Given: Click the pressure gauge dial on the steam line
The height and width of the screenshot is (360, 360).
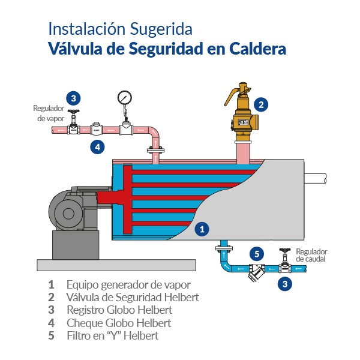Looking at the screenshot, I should coord(125,97).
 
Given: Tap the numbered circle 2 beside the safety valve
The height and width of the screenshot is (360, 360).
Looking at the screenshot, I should coord(260,104).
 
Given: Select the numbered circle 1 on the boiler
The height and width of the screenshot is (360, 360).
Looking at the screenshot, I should coord(202,229).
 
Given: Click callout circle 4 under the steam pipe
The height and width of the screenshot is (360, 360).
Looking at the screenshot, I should coord(97,146).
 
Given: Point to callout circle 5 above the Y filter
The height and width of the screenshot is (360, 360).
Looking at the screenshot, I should coord(256,253).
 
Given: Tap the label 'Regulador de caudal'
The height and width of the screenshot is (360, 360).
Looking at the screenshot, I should coord(312,256).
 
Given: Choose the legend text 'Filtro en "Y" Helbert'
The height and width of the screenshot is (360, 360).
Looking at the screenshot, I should coord(112,336).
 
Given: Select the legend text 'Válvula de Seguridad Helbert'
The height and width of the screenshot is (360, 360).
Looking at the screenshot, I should coord(133,297).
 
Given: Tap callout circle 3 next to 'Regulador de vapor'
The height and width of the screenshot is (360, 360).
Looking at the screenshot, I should coord(73,98).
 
